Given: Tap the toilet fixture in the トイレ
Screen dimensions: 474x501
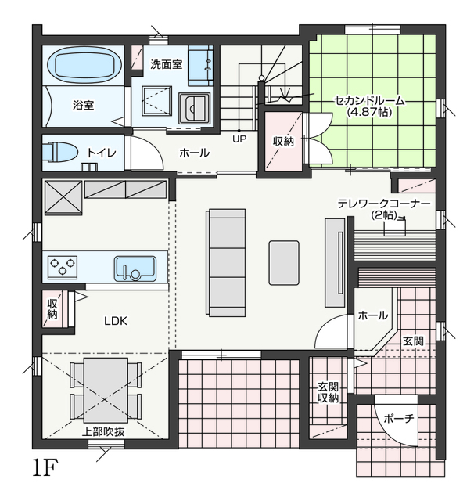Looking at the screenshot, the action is pos(59,151).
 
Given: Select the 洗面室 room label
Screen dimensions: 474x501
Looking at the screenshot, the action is pos(167,64).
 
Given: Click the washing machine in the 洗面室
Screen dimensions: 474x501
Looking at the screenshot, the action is pos(195,108).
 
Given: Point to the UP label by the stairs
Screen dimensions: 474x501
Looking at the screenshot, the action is pos(239,139).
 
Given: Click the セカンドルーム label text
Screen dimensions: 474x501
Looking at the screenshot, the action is pos(370,101).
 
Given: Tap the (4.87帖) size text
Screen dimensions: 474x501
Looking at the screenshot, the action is pos(369,112).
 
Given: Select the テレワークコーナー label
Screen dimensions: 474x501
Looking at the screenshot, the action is pos(384,204).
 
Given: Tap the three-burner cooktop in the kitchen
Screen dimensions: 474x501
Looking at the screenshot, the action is pos(63,266).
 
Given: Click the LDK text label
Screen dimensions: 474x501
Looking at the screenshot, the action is pos(116,321).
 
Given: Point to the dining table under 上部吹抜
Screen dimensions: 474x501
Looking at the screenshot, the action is pos(106,390).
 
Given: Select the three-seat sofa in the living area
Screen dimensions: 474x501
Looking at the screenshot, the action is pos(226,263).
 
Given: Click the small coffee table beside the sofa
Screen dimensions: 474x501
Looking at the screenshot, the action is pos(284,263).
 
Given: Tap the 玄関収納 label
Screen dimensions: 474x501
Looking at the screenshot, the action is pos(328,392).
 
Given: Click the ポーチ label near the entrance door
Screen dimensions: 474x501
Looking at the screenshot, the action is pos(399,418).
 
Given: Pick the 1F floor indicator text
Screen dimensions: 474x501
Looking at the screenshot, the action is pos(45,467).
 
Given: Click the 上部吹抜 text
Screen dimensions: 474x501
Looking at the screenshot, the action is pos(103,432).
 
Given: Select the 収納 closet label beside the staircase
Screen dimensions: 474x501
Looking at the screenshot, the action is pos(283,141).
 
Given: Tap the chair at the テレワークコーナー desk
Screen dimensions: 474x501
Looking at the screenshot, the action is pos(394,226).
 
